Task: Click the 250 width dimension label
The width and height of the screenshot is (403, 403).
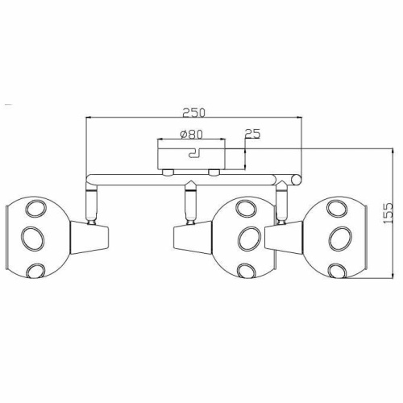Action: pos(193,112)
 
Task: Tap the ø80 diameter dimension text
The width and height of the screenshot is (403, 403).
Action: pos(191,135)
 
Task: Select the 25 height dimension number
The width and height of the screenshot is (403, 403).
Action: pos(253,133)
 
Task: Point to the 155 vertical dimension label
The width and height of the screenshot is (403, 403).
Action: pos(388,214)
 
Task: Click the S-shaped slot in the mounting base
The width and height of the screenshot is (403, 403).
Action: pos(196,153)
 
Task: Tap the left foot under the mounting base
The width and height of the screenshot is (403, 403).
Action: pos(168,172)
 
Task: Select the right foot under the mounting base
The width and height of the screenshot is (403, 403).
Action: pos(214,172)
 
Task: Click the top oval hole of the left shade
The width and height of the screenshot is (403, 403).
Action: pos(35,208)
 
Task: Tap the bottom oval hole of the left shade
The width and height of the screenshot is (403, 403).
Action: pos(36,271)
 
